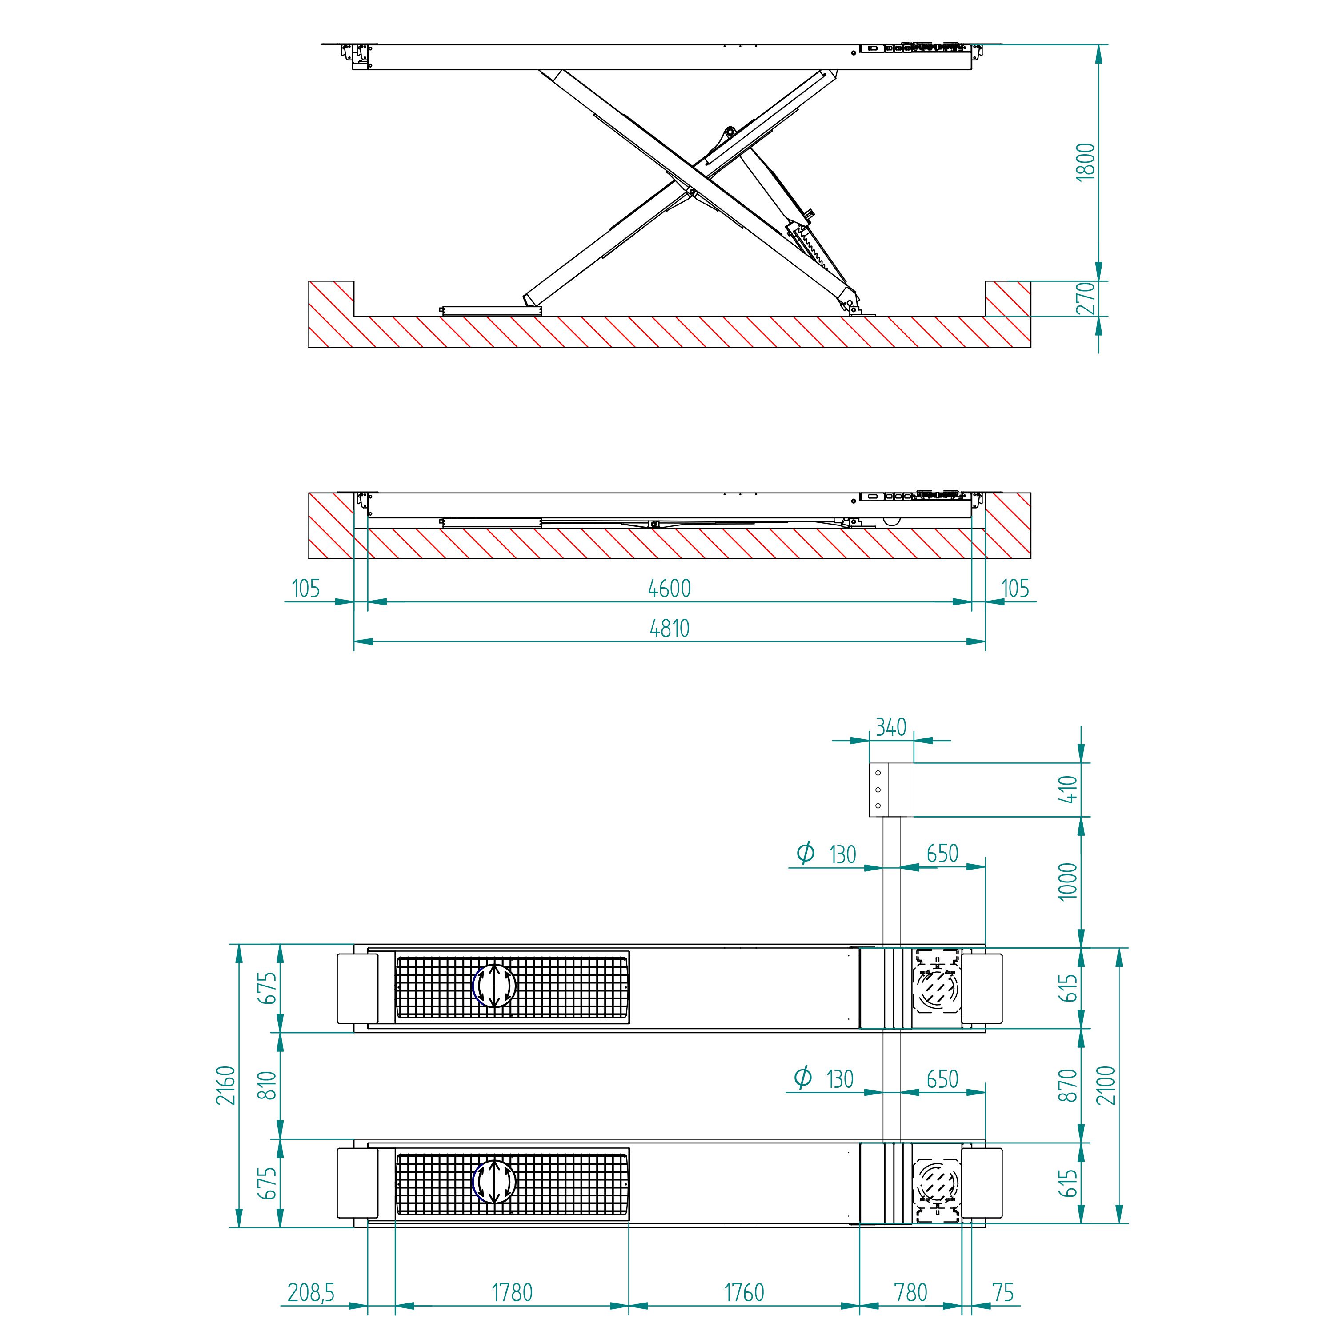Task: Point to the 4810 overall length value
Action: pos(669,628)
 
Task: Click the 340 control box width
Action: pos(891,727)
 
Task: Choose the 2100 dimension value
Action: pos(1106,1085)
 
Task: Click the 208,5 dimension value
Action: pos(311,1293)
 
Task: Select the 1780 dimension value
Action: pos(512,1293)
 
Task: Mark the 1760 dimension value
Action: pos(744,1293)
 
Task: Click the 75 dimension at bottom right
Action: pos(1003,1293)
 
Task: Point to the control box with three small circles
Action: pos(891,790)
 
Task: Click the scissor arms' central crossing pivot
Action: pos(691,192)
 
